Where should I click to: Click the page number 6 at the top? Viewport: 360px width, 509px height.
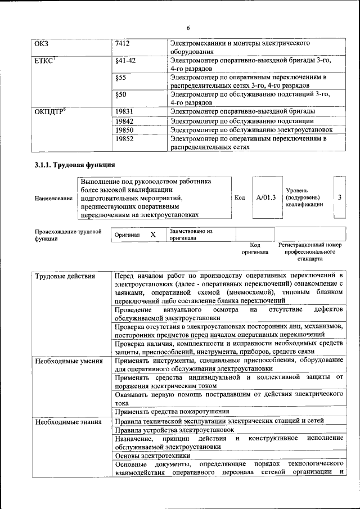point(188,28)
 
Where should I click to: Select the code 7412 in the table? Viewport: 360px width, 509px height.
point(124,43)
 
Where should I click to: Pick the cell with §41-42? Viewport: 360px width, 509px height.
point(125,60)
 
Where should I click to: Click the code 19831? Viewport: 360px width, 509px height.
point(124,111)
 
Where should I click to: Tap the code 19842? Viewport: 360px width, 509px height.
point(124,120)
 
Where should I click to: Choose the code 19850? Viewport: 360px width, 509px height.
point(124,129)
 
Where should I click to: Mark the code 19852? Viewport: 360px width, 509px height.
point(124,138)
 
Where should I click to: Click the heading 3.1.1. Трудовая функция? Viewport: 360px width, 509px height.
point(75,165)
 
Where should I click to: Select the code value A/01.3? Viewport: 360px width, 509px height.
point(265,197)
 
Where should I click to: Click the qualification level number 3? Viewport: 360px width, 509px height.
point(340,197)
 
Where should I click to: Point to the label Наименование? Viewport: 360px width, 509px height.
point(53,198)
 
